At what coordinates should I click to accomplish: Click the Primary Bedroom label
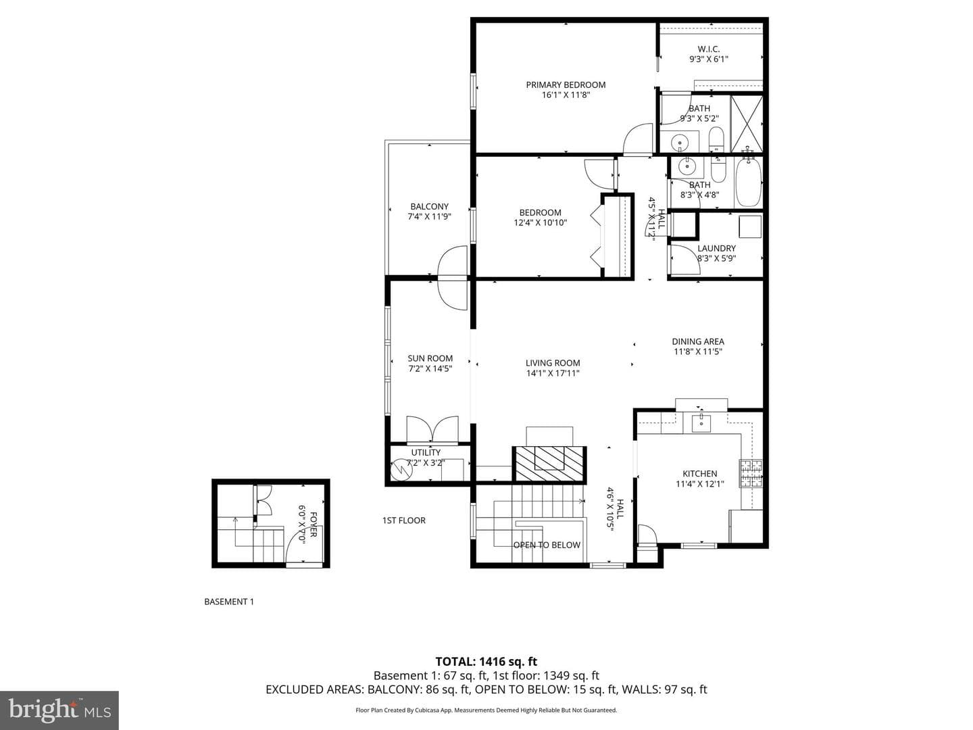(566, 84)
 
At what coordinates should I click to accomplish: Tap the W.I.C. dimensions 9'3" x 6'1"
(708, 59)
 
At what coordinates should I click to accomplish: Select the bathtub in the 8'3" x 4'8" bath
(748, 182)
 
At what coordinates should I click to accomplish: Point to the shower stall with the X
(747, 124)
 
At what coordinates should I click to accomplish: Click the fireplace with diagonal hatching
(549, 464)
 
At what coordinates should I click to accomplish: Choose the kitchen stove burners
(751, 474)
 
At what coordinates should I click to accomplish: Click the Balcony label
(429, 207)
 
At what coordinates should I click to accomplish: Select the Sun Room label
(430, 358)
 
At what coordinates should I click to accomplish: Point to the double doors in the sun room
(432, 429)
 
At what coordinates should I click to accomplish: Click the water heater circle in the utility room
(401, 469)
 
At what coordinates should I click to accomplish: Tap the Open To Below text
(547, 545)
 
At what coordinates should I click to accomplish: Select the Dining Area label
(698, 341)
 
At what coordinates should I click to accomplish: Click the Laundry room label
(716, 248)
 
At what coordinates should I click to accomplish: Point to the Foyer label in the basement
(314, 525)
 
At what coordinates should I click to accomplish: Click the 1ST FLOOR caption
(404, 520)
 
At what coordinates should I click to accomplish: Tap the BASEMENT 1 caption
(229, 602)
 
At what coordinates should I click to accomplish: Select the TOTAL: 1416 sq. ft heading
(487, 662)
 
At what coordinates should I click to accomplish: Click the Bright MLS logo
(59, 710)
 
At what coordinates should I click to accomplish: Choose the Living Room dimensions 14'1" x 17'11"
(553, 373)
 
